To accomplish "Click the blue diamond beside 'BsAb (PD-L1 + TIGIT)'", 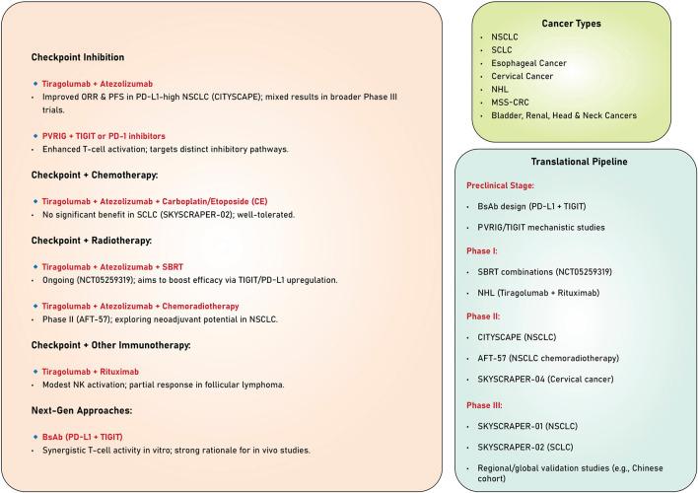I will [x=35, y=435].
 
